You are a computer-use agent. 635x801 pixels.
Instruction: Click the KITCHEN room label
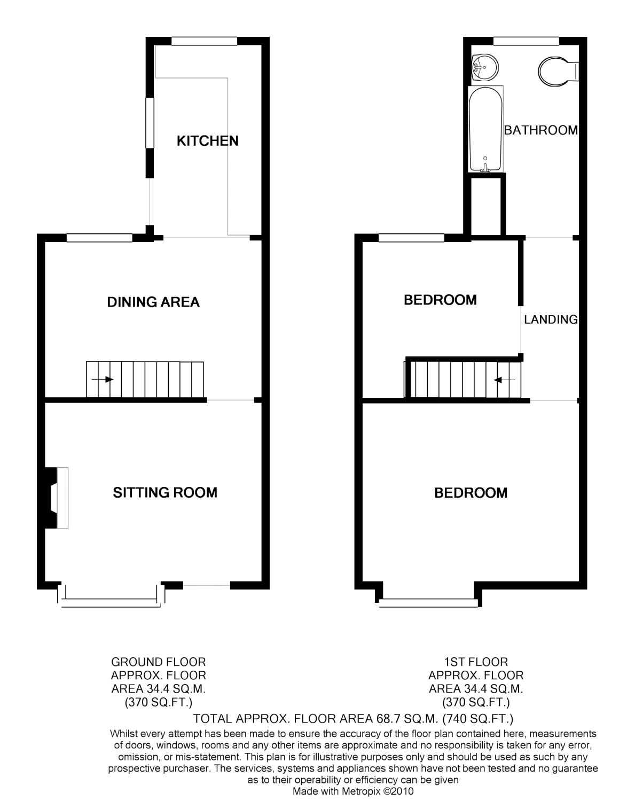[x=207, y=140]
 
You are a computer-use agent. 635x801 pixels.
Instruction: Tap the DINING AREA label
[x=153, y=302]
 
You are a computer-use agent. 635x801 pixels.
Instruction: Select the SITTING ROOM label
[x=165, y=492]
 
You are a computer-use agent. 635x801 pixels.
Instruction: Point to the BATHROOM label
[x=541, y=130]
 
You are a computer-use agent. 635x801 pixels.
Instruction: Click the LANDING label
[x=551, y=319]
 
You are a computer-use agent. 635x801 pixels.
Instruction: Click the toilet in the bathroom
[x=559, y=72]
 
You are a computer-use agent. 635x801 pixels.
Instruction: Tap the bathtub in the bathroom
[x=486, y=129]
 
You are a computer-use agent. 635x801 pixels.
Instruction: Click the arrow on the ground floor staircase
[x=103, y=380]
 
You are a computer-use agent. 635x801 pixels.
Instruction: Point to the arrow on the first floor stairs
[x=504, y=380]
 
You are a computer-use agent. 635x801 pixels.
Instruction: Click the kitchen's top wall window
[x=205, y=41]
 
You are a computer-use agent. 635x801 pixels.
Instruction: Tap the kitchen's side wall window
[x=150, y=123]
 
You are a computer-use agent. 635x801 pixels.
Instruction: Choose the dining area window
[x=99, y=238]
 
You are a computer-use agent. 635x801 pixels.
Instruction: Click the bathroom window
[x=526, y=41]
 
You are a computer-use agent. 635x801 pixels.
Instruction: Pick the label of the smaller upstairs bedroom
[x=440, y=300]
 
